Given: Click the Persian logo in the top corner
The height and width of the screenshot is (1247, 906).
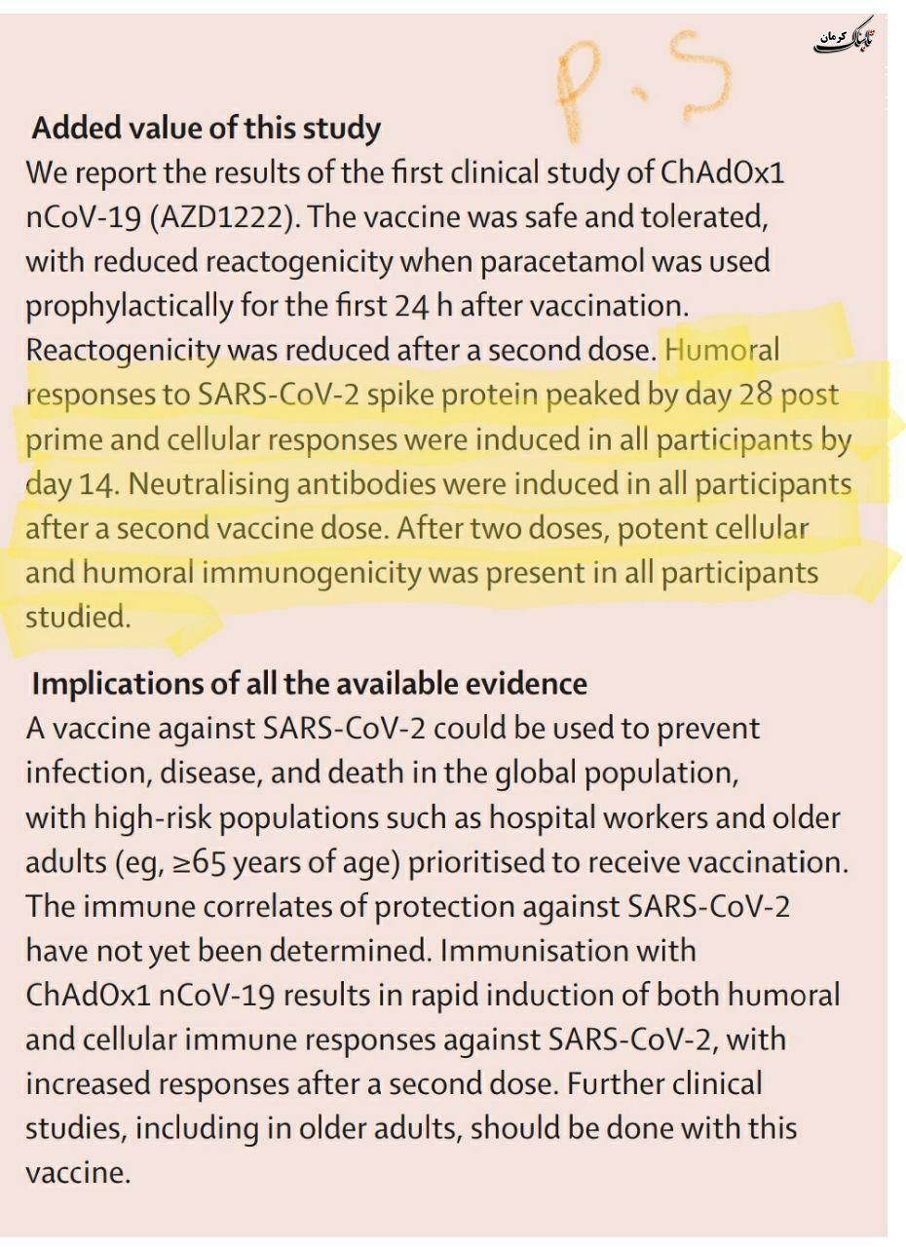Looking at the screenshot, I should point(846,39).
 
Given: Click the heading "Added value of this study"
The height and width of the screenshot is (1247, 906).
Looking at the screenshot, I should point(206,129).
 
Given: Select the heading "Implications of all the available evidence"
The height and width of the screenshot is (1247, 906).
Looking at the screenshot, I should point(309,684).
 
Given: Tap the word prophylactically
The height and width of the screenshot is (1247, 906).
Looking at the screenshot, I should point(130,306).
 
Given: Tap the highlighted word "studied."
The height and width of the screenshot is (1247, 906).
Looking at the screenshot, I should point(78,618).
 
